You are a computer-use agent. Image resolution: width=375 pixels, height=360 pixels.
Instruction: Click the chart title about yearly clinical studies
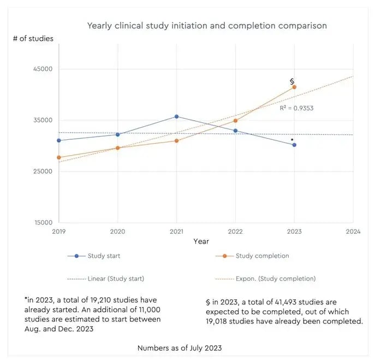(x=207, y=25)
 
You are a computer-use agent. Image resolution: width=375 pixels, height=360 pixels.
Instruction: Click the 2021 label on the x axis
(x=176, y=232)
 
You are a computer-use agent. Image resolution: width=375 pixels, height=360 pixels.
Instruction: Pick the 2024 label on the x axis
(x=353, y=232)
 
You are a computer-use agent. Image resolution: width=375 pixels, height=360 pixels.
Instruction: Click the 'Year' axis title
(x=201, y=241)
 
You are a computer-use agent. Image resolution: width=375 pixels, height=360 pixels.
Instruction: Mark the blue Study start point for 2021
(x=176, y=116)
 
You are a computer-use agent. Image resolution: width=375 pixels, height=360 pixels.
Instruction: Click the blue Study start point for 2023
(x=294, y=145)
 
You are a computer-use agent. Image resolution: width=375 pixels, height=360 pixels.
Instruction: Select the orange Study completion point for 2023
(x=294, y=87)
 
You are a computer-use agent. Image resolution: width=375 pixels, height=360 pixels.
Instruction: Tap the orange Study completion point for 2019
(x=58, y=157)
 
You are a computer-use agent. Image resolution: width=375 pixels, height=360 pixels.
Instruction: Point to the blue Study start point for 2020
(x=117, y=134)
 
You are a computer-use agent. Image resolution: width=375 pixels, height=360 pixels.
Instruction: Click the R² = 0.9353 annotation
(x=296, y=108)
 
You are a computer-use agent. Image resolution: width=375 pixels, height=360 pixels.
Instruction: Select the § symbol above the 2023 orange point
(x=292, y=81)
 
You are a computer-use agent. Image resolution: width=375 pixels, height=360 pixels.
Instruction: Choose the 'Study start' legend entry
(x=104, y=256)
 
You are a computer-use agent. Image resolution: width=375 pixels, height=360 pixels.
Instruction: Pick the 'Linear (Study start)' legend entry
(x=115, y=279)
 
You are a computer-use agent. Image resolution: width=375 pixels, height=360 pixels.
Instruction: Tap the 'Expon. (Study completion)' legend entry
(x=276, y=279)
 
